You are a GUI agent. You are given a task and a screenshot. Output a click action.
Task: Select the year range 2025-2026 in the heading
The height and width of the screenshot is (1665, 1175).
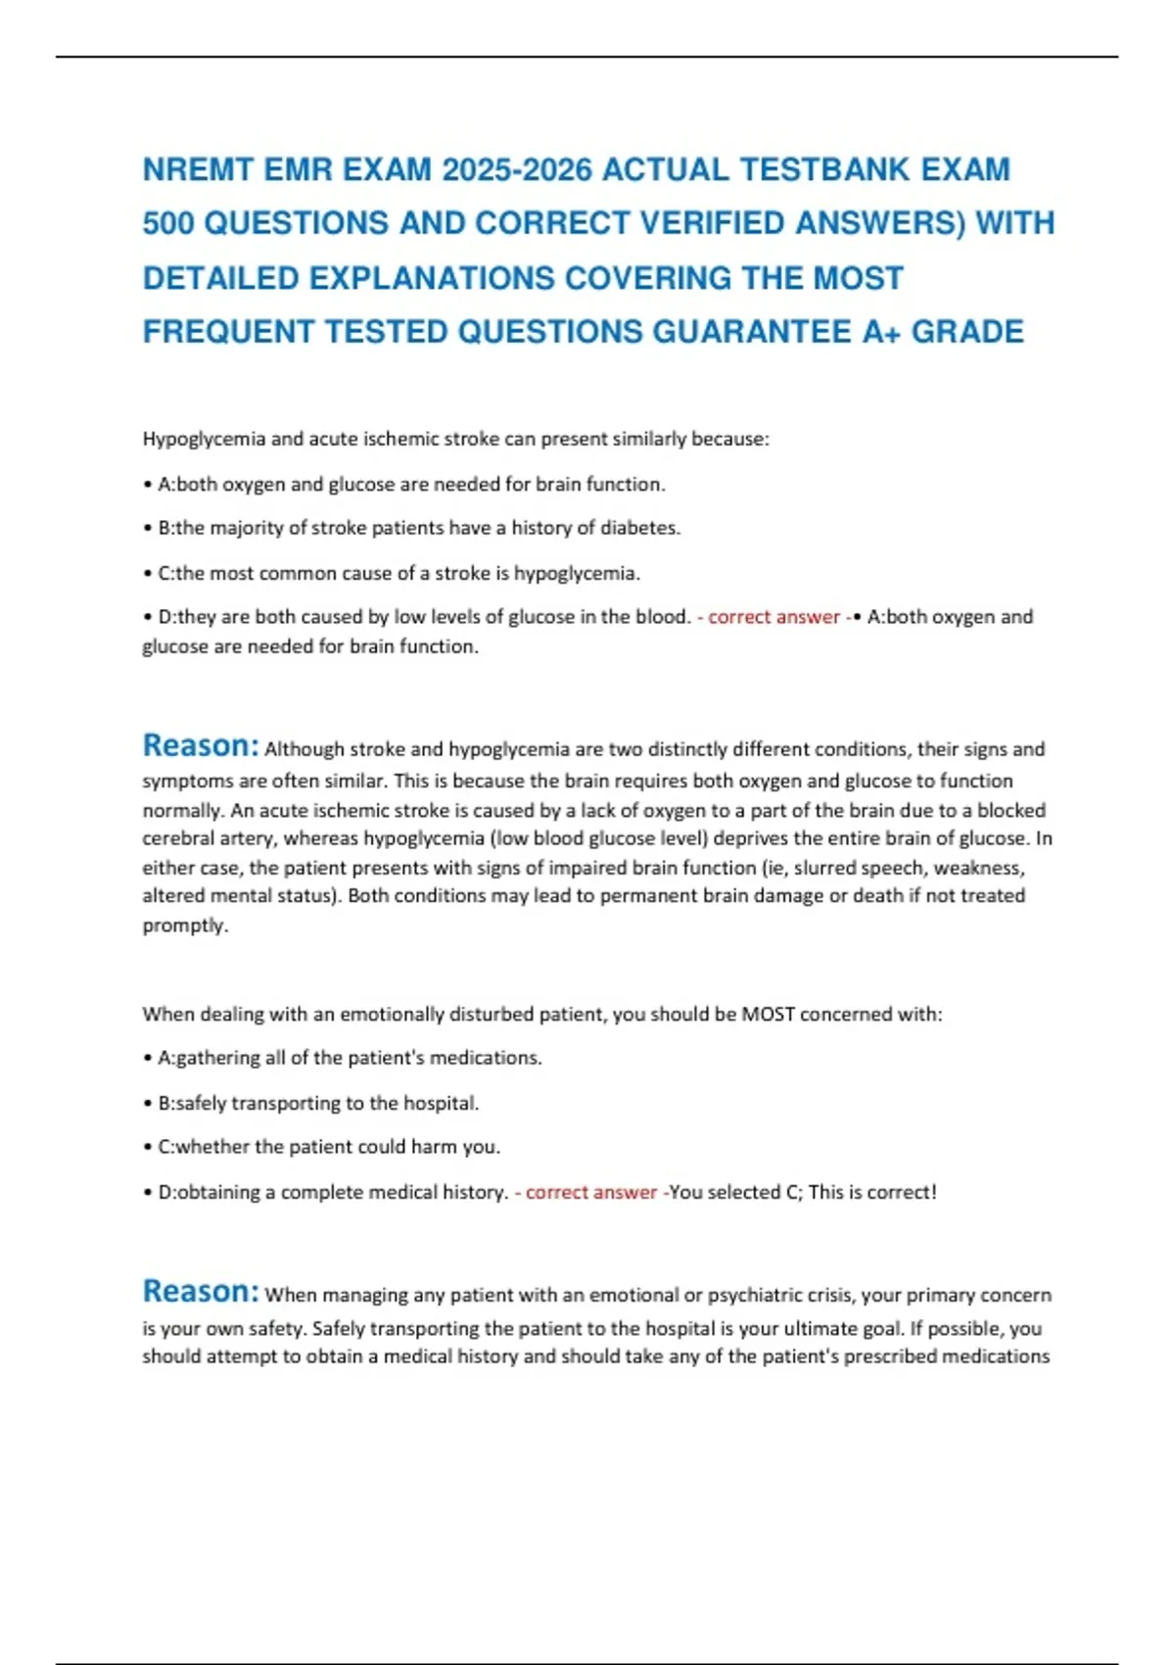(517, 170)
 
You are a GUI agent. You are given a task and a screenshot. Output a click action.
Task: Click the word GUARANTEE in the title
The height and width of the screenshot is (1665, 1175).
(752, 332)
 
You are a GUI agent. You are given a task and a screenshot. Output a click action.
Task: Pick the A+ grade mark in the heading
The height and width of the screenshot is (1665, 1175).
(881, 332)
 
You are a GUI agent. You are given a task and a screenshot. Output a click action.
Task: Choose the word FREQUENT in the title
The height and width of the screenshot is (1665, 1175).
(228, 332)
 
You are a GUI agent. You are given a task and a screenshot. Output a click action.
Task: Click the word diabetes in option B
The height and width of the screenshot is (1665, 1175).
(639, 528)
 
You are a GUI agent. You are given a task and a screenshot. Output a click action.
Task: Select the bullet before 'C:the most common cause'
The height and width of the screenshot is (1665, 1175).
(147, 574)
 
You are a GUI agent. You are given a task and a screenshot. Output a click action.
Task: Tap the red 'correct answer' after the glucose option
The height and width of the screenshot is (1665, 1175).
(774, 617)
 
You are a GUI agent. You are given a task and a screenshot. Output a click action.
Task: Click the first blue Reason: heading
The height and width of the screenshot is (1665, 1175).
(201, 746)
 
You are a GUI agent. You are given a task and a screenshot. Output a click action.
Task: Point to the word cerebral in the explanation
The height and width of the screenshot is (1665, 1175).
(179, 839)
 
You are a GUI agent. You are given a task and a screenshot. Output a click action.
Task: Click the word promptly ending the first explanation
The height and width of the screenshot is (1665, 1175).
(185, 926)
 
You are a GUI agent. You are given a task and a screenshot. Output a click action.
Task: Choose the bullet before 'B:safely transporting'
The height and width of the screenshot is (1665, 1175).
(147, 1104)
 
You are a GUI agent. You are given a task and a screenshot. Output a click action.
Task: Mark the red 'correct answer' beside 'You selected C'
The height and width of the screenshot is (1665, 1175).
(591, 1193)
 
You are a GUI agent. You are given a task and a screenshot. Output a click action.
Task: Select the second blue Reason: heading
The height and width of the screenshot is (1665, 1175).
(201, 1292)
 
